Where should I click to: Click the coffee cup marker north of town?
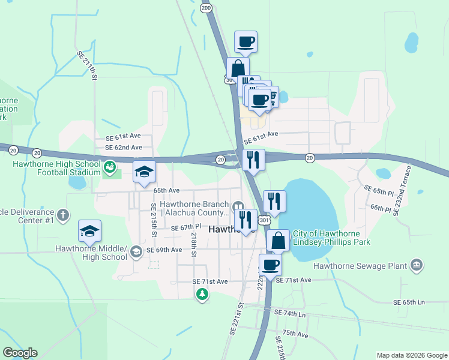246,42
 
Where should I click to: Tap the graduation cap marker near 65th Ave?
144,172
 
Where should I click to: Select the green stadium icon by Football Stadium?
109,166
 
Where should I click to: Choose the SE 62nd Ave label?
123,147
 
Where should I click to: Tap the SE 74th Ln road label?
289,314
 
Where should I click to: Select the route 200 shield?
206,8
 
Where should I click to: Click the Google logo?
20,353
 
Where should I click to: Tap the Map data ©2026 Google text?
411,355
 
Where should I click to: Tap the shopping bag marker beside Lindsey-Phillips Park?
278,241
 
